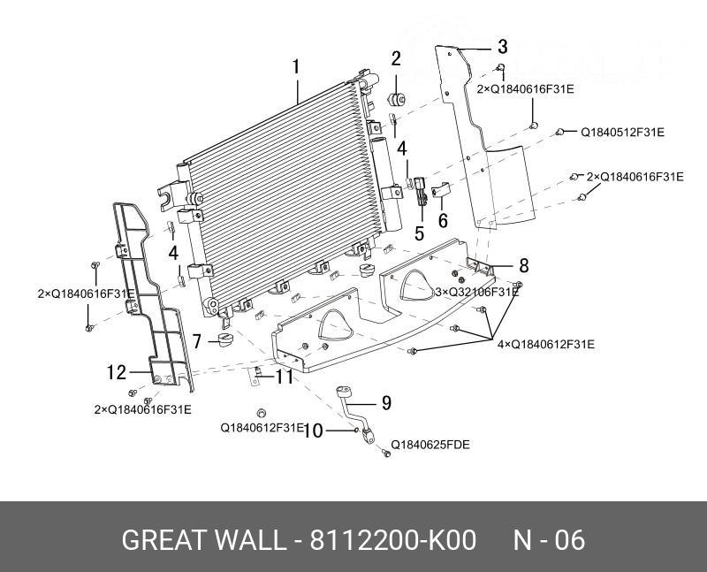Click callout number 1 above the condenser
click(x=297, y=67)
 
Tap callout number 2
click(x=397, y=59)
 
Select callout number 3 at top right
click(x=502, y=47)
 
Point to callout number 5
click(x=419, y=233)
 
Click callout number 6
click(x=443, y=218)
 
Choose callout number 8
click(x=523, y=265)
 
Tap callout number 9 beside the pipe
click(x=385, y=403)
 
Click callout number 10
click(x=311, y=431)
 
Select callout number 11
click(x=284, y=378)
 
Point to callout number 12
click(x=117, y=373)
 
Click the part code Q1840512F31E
click(x=621, y=133)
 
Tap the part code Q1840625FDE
click(x=430, y=445)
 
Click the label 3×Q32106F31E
click(x=476, y=292)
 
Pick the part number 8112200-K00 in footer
click(x=392, y=540)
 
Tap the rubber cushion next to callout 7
click(x=224, y=340)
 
